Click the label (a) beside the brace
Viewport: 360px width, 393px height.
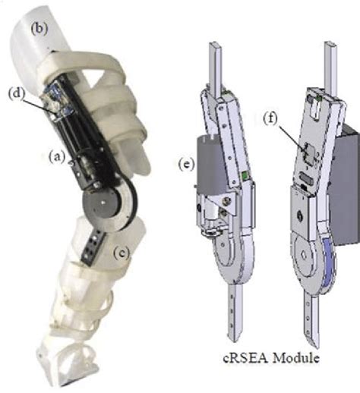[x=57, y=157]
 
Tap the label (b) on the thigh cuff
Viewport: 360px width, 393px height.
[x=39, y=29]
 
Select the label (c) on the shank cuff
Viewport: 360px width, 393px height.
[x=122, y=253]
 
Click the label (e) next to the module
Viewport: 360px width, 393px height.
[x=187, y=164]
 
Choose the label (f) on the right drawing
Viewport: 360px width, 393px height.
[x=270, y=118]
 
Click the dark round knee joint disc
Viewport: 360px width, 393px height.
[x=102, y=203]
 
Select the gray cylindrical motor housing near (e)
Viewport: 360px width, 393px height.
[x=210, y=165]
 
